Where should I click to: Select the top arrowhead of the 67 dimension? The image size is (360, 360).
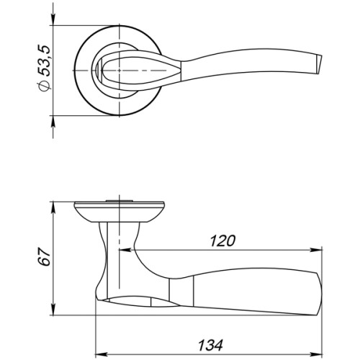[x=54, y=200]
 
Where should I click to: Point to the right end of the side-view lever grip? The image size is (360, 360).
[x=317, y=288]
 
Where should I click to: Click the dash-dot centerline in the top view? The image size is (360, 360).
[x=144, y=72]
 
